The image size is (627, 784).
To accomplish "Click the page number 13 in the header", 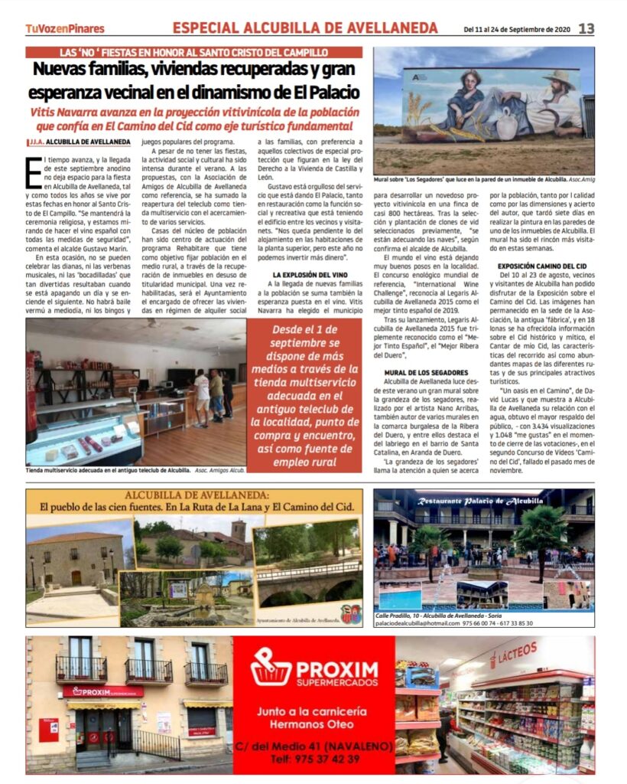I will [x=586, y=28].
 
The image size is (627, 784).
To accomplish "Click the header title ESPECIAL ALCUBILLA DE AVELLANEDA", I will [x=304, y=28].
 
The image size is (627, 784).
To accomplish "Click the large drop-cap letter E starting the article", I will [x=34, y=171].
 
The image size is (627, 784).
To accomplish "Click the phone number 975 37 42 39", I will [x=315, y=759].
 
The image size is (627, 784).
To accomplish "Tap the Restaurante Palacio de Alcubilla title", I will [x=482, y=501].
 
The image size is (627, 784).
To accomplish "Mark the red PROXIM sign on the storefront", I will [x=102, y=691].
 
